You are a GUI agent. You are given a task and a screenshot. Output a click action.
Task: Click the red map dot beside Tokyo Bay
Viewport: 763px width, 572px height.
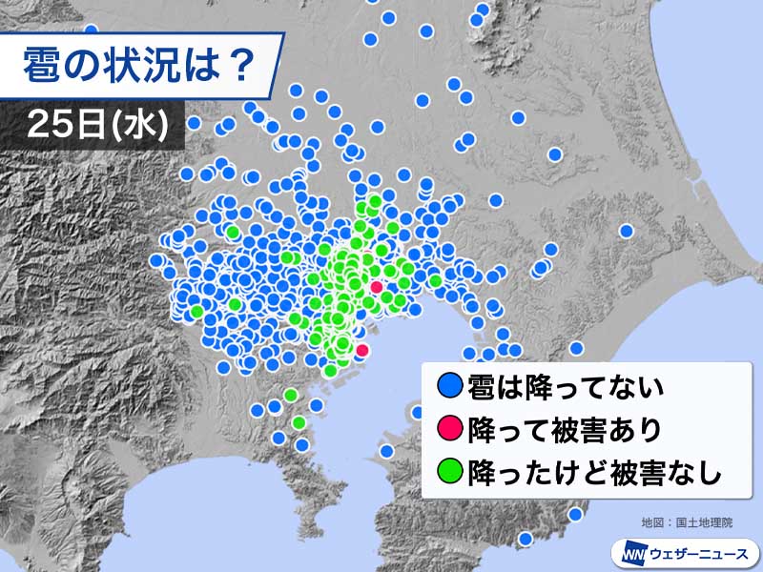click(361, 351)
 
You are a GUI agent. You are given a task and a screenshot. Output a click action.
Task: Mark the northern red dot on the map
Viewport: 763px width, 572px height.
click(376, 286)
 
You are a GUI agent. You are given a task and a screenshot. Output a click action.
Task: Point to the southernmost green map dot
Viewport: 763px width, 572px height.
click(298, 422)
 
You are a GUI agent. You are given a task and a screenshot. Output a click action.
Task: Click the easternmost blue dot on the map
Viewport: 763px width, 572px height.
click(627, 230)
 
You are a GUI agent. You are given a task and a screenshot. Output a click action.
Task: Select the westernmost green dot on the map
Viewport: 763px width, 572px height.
click(196, 311)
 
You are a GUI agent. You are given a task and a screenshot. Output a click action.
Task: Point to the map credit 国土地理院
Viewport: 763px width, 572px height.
click(701, 522)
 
